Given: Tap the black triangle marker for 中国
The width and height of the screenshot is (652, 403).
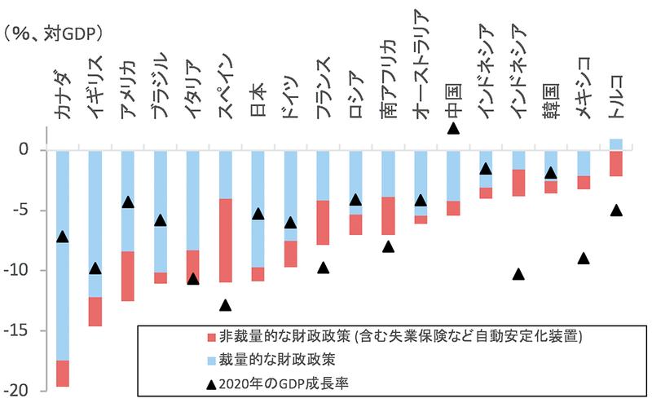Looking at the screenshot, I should click(453, 128).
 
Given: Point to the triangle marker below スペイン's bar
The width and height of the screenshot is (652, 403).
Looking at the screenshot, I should click(226, 305).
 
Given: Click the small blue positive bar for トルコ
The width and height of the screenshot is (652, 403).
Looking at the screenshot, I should click(616, 144).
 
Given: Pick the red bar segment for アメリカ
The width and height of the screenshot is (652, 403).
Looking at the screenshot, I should click(127, 276).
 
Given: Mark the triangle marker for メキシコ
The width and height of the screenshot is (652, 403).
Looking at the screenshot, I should click(584, 259).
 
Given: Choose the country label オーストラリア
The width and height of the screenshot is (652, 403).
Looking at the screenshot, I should click(421, 65).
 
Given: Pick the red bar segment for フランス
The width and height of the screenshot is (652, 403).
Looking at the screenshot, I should click(323, 222).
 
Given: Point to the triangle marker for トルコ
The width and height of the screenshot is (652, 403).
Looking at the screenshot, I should click(616, 210).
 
